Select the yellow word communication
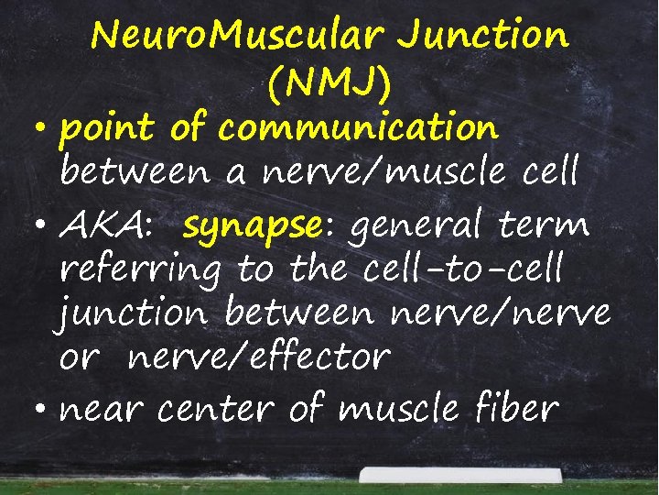coord(358,129)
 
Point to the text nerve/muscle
coord(377,171)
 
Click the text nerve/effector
coord(259,357)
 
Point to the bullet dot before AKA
coord(43,223)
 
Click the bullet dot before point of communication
coord(43,129)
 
